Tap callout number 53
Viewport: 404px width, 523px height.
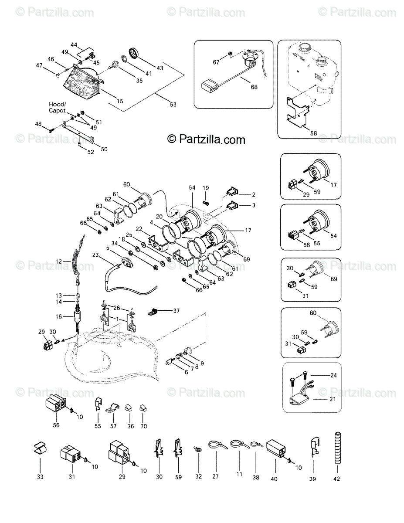point(173,104)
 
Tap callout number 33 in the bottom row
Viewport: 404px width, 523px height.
point(40,477)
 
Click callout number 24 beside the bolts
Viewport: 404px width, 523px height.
point(333,375)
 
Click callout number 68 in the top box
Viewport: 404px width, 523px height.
point(254,87)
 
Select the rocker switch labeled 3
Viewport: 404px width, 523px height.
point(231,204)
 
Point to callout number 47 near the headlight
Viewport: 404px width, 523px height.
point(39,65)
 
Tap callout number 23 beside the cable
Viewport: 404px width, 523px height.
point(95,255)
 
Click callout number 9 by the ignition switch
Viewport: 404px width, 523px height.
point(202,363)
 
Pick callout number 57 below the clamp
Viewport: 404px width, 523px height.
point(114,427)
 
